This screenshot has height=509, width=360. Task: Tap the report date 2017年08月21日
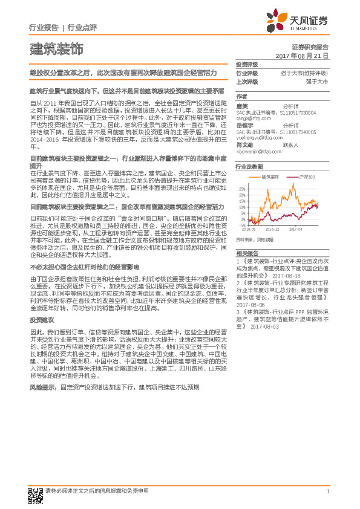[x=302, y=55]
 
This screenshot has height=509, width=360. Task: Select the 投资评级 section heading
[x=246, y=65]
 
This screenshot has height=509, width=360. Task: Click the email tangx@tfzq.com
[x=250, y=118]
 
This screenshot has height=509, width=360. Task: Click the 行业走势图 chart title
[x=249, y=166]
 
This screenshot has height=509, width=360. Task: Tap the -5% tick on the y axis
[x=243, y=224]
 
